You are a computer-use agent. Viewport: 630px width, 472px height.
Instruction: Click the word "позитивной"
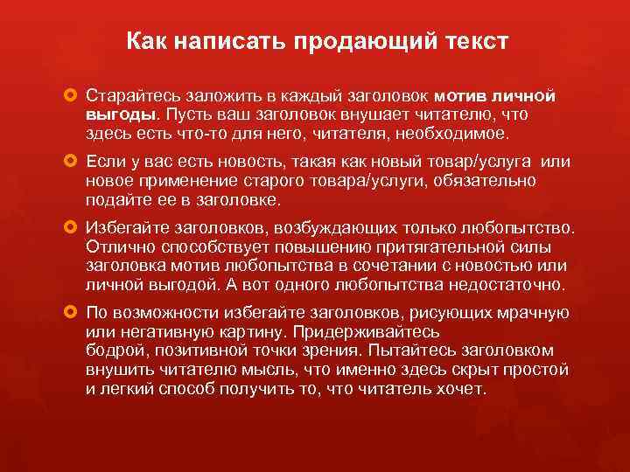click(192, 351)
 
